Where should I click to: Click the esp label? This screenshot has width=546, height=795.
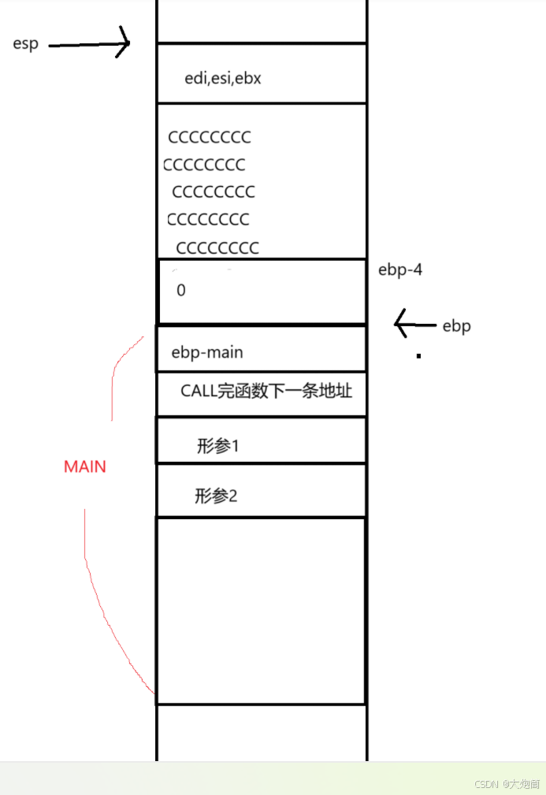pyautogui.click(x=26, y=43)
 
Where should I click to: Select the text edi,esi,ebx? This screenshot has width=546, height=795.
pyautogui.click(x=222, y=78)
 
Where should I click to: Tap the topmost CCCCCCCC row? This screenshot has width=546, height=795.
pyautogui.click(x=210, y=137)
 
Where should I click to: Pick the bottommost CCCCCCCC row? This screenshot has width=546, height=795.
pyautogui.click(x=217, y=248)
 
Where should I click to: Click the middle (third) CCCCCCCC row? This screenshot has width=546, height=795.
pyautogui.click(x=214, y=191)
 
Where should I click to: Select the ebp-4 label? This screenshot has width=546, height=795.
pyautogui.click(x=401, y=269)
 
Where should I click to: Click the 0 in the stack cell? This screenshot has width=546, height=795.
pyautogui.click(x=181, y=290)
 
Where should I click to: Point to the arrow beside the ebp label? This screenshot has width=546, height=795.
pyautogui.click(x=414, y=323)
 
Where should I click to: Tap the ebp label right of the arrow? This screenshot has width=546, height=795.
pyautogui.click(x=456, y=325)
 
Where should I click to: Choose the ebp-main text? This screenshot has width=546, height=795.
pyautogui.click(x=207, y=352)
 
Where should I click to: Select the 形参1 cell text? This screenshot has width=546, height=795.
pyautogui.click(x=217, y=446)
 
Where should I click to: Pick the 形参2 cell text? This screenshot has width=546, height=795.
pyautogui.click(x=216, y=496)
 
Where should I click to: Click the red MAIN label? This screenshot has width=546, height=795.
pyautogui.click(x=85, y=466)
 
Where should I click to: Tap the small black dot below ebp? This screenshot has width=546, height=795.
pyautogui.click(x=418, y=356)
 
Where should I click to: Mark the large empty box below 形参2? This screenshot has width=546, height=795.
pyautogui.click(x=261, y=610)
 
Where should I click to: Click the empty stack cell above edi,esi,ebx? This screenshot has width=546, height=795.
pyautogui.click(x=262, y=20)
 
